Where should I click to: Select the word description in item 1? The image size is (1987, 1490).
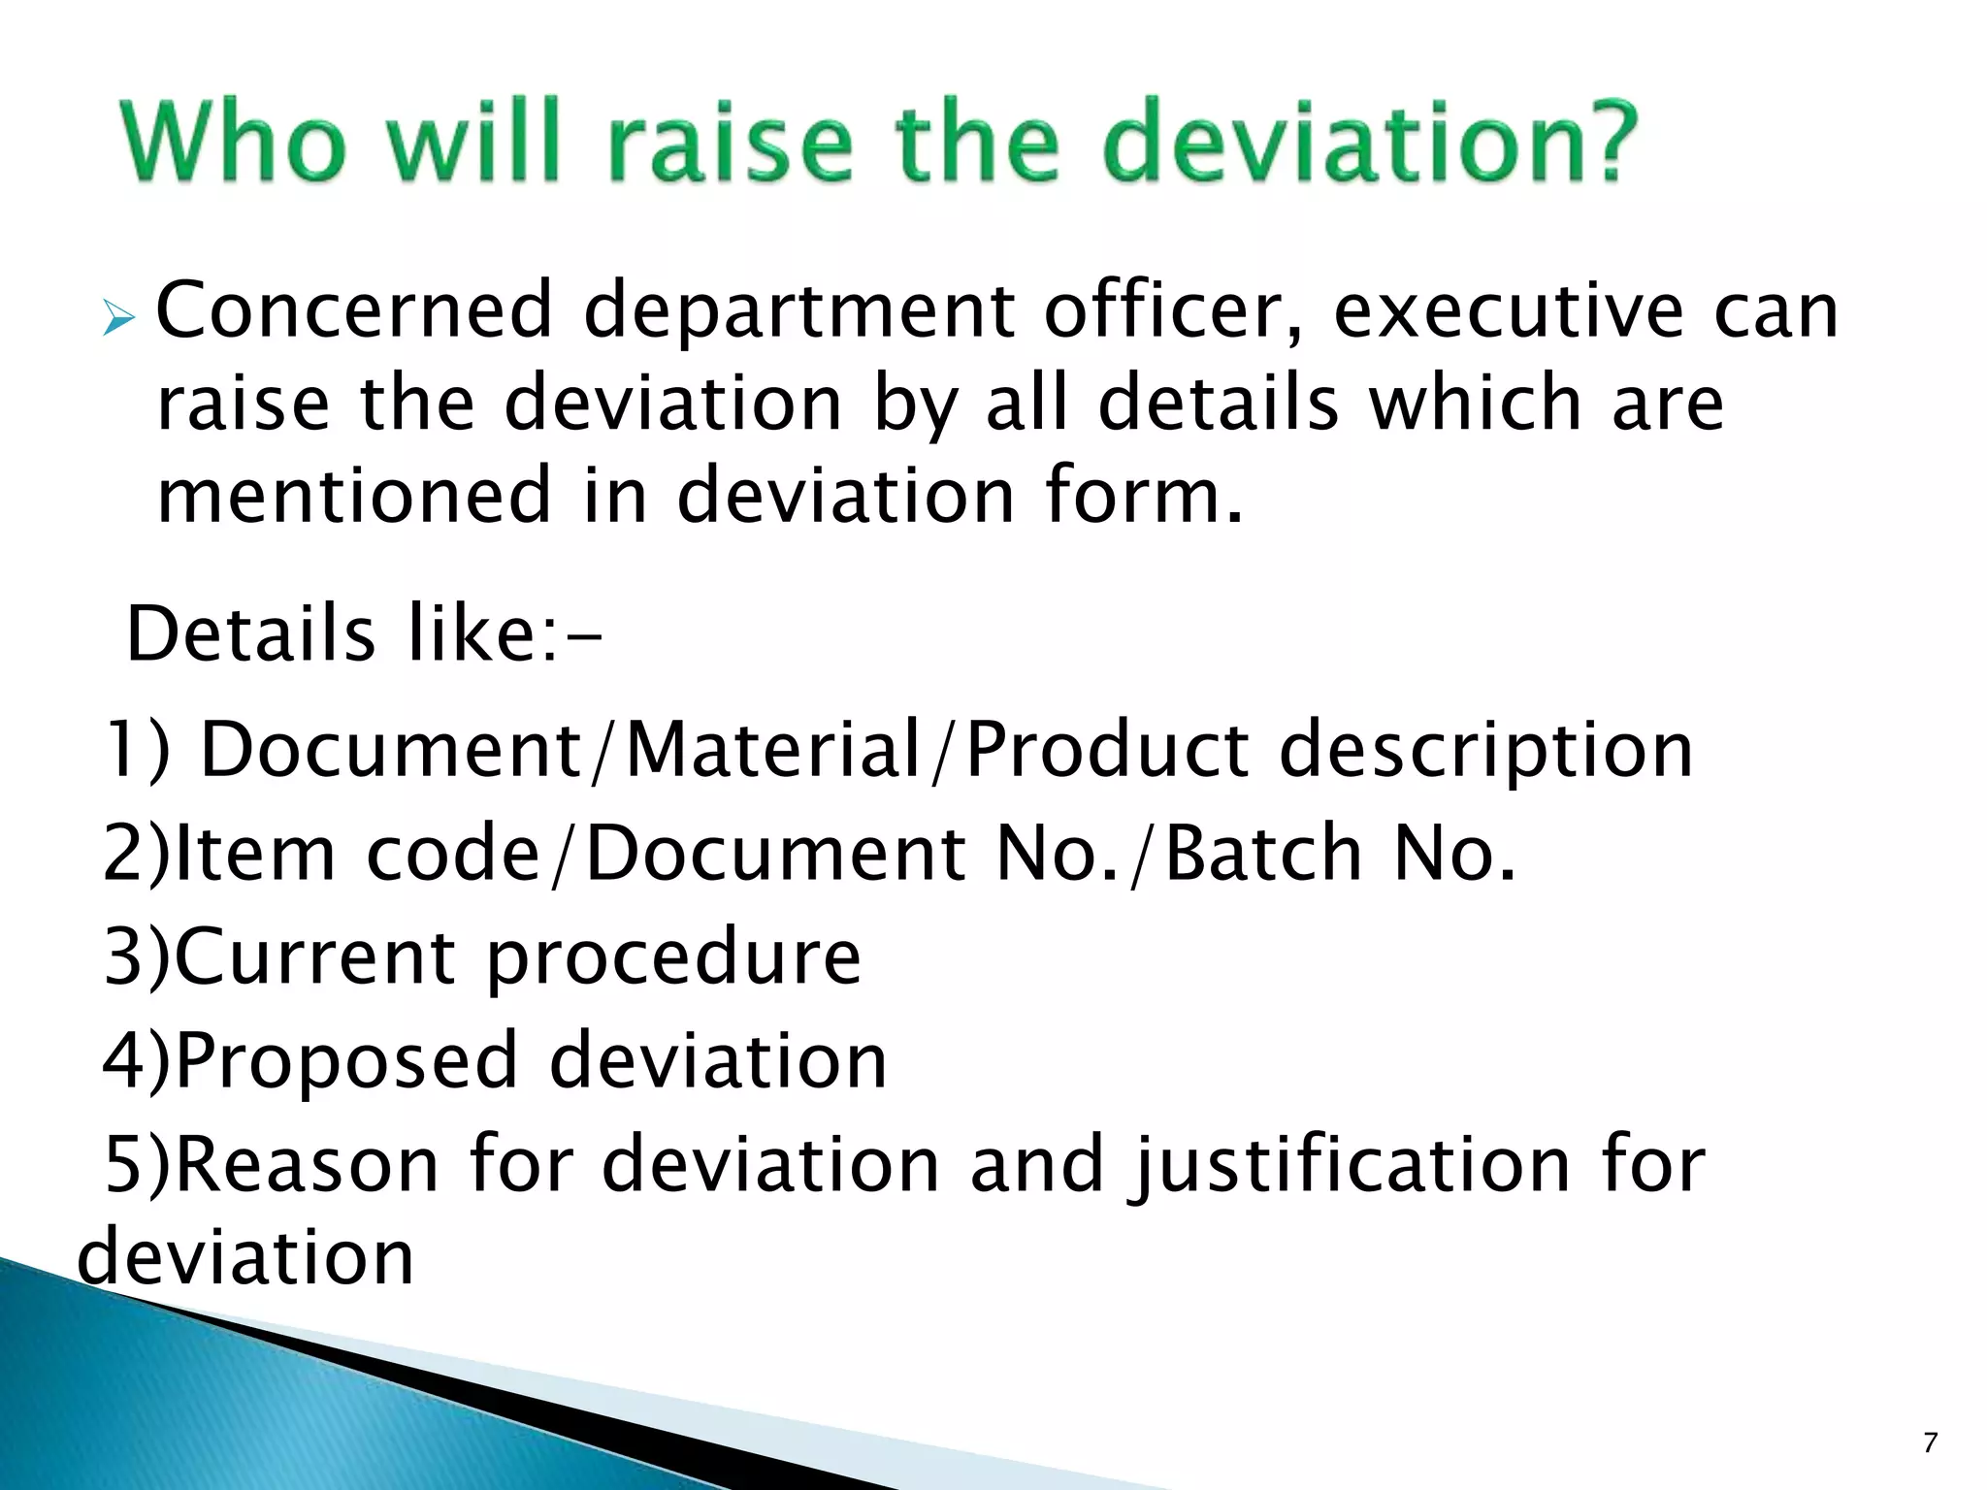coord(1485,752)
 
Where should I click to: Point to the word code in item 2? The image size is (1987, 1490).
coord(452,854)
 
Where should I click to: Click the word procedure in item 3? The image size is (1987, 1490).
coord(673,958)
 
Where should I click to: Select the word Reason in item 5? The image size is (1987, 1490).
coord(308,1163)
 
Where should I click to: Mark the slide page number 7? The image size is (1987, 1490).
coord(1930,1443)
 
